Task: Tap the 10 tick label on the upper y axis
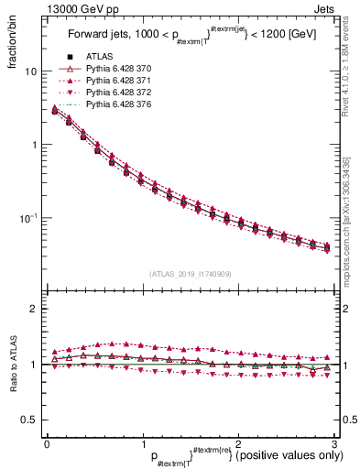click(30, 71)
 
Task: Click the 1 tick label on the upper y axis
click(33, 145)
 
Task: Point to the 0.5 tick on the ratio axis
click(28, 420)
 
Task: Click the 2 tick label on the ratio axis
click(33, 309)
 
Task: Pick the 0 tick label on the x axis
click(47, 443)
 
